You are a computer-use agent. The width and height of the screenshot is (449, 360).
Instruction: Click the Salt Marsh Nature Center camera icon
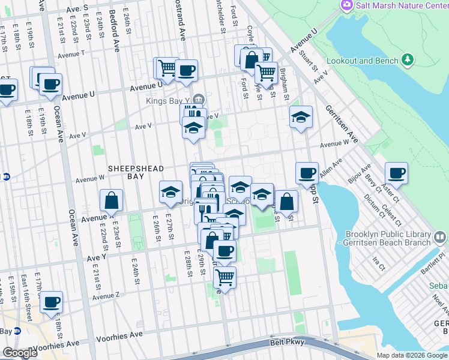click(346, 5)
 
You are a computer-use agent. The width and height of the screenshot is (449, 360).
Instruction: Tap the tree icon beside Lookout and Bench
click(408, 59)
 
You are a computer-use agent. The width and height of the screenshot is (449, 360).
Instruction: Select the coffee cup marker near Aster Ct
click(396, 174)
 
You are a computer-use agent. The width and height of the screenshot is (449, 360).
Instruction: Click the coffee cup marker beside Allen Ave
click(307, 173)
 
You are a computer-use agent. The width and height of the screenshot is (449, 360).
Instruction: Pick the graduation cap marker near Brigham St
click(301, 116)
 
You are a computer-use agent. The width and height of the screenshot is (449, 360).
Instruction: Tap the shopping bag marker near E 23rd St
click(111, 200)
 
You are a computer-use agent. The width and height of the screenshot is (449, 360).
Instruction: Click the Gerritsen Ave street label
click(342, 124)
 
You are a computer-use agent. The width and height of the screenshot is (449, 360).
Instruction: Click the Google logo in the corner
click(20, 353)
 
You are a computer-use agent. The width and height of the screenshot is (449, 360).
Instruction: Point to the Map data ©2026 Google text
click(412, 355)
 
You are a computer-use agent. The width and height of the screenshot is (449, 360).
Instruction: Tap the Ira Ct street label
click(379, 263)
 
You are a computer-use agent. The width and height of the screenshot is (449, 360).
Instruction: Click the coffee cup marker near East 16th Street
click(52, 302)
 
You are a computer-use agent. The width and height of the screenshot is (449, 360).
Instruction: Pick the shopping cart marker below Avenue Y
click(224, 278)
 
